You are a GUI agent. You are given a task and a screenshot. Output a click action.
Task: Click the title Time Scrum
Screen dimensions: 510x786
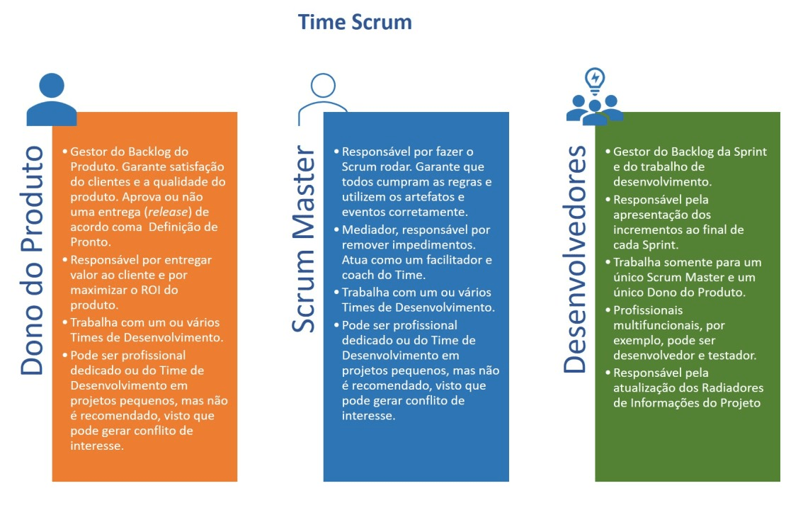coord(355,22)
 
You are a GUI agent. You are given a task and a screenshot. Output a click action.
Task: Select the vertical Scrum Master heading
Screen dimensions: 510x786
coord(303,239)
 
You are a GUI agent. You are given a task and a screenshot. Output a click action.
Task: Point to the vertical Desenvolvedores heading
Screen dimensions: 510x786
coord(576,259)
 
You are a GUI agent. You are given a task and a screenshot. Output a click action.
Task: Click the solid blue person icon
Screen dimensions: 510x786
coord(51,98)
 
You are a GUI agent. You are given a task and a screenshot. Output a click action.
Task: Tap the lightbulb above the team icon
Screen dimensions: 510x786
coord(596,79)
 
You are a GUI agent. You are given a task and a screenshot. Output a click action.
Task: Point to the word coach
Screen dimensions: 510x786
coord(357,275)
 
